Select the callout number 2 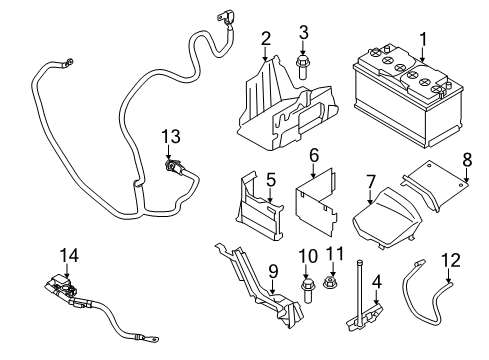point(265,39)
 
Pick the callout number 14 point(67,257)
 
